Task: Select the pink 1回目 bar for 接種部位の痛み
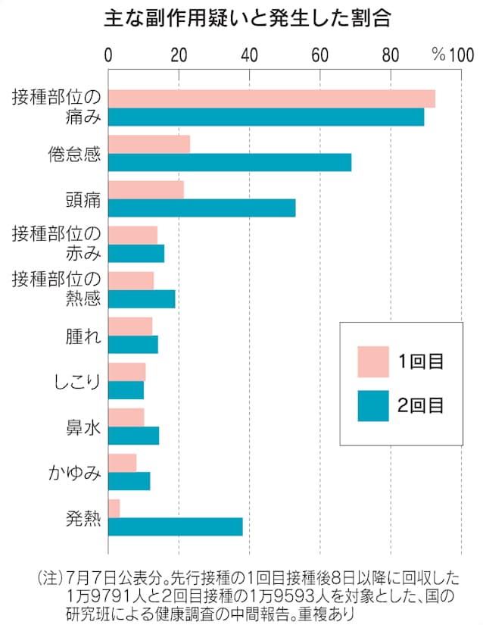(x=271, y=98)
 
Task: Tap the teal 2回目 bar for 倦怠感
(x=229, y=162)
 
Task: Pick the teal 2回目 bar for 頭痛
(x=201, y=208)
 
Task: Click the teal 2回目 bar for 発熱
(x=175, y=527)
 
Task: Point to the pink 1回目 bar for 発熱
(x=114, y=508)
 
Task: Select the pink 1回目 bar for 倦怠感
(x=149, y=144)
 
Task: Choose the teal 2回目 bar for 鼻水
(x=133, y=436)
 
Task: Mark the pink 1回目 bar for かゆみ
(x=122, y=463)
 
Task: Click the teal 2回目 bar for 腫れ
(x=133, y=345)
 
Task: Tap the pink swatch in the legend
(x=372, y=361)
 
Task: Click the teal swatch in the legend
(x=372, y=405)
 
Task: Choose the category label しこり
(x=76, y=381)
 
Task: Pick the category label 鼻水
(x=83, y=427)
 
